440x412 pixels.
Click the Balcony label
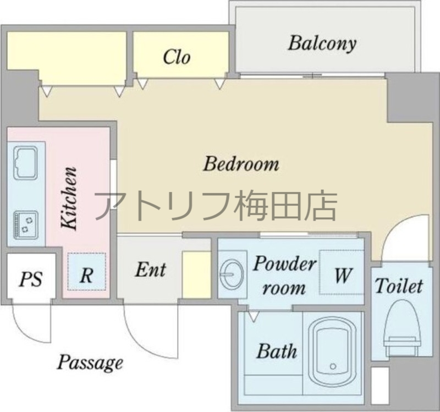coord(322,43)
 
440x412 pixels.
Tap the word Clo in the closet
coord(177,57)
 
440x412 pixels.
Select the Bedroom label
coord(241,163)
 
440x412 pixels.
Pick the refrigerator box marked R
coord(86,272)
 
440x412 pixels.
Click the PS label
coord(31,279)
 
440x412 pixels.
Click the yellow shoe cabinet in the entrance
coord(196,275)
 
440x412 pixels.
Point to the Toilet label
coord(399,286)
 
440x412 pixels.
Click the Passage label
coord(90,363)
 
